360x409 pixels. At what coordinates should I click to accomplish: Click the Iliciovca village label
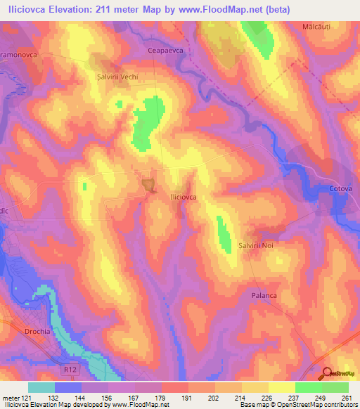(x=183, y=198)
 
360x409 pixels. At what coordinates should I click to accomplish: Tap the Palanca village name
(x=265, y=296)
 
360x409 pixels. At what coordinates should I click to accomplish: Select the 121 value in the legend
(x=27, y=397)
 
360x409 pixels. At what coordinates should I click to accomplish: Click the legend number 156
(x=107, y=397)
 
